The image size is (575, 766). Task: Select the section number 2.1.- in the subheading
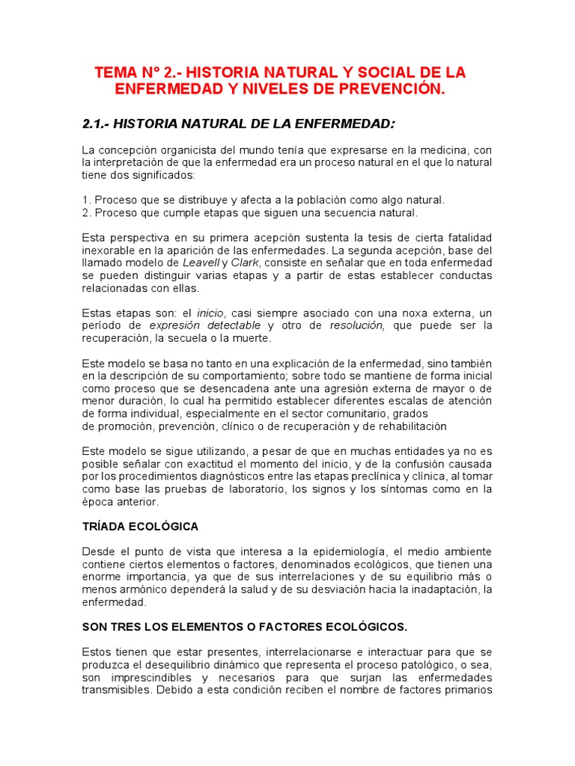coord(98,123)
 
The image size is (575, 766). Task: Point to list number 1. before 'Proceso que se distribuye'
coord(86,200)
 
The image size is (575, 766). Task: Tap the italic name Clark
coord(246,263)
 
